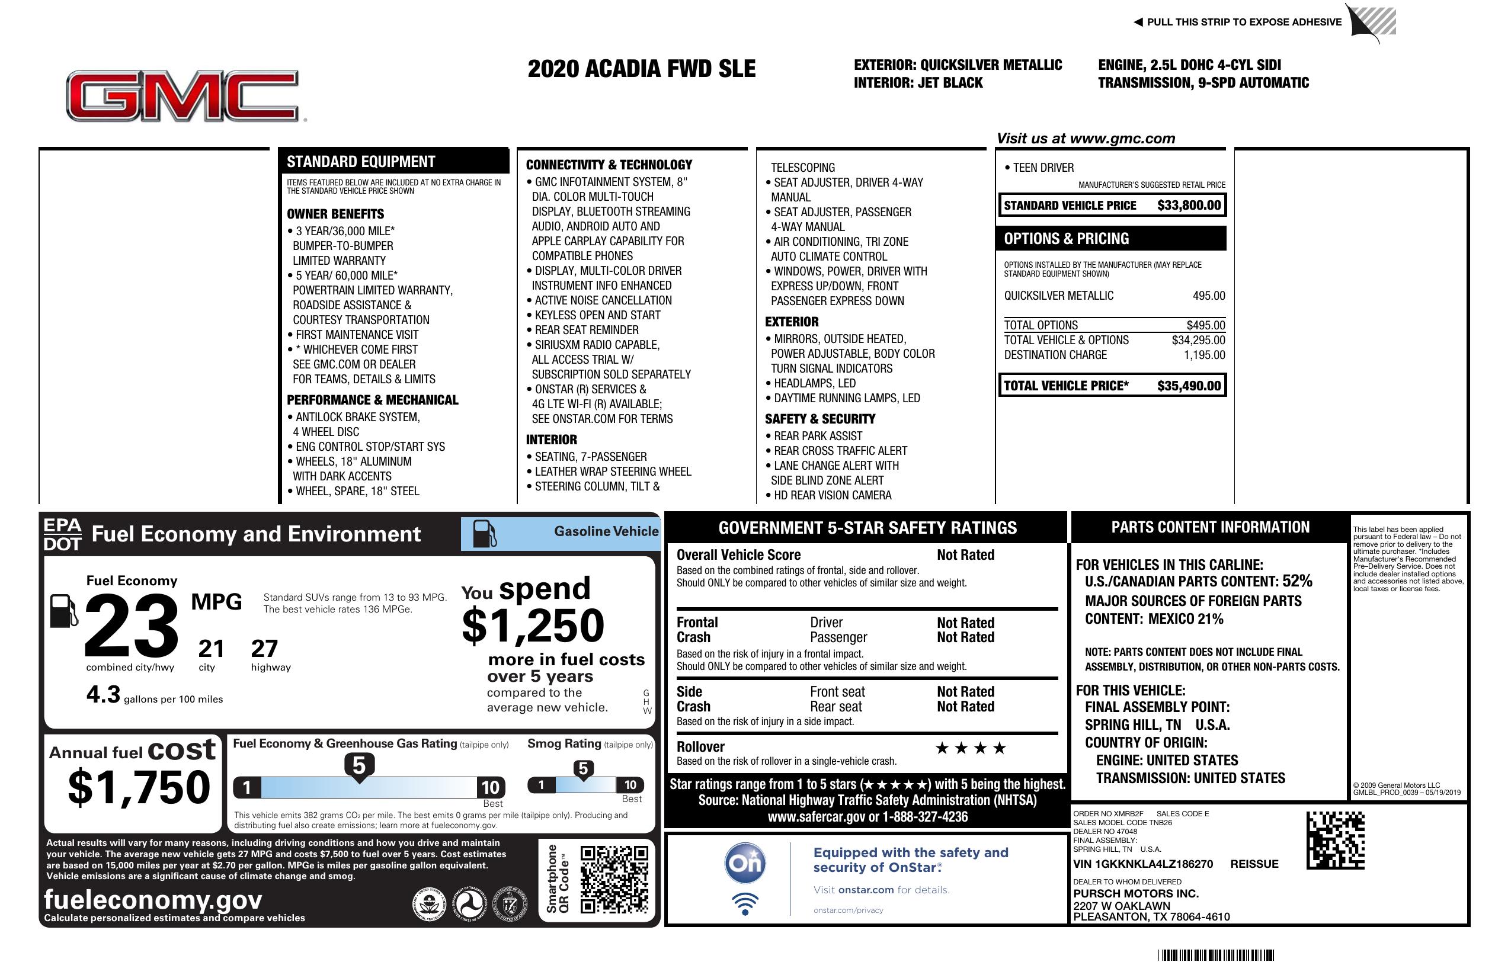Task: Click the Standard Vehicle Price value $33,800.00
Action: point(1189,206)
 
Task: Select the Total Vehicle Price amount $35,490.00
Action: point(1189,386)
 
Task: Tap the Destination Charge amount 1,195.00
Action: point(1204,355)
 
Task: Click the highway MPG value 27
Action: point(264,649)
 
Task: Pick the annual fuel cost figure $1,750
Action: point(139,788)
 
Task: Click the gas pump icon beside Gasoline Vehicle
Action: point(485,534)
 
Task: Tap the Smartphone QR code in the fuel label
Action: point(614,879)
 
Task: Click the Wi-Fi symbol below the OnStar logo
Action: point(745,903)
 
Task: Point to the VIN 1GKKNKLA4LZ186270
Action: point(1143,864)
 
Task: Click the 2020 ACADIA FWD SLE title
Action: point(641,69)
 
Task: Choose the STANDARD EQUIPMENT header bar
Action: point(393,161)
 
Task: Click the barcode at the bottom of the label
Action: point(1216,955)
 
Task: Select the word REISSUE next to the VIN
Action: point(1254,864)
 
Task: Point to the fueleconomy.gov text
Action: point(153,900)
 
